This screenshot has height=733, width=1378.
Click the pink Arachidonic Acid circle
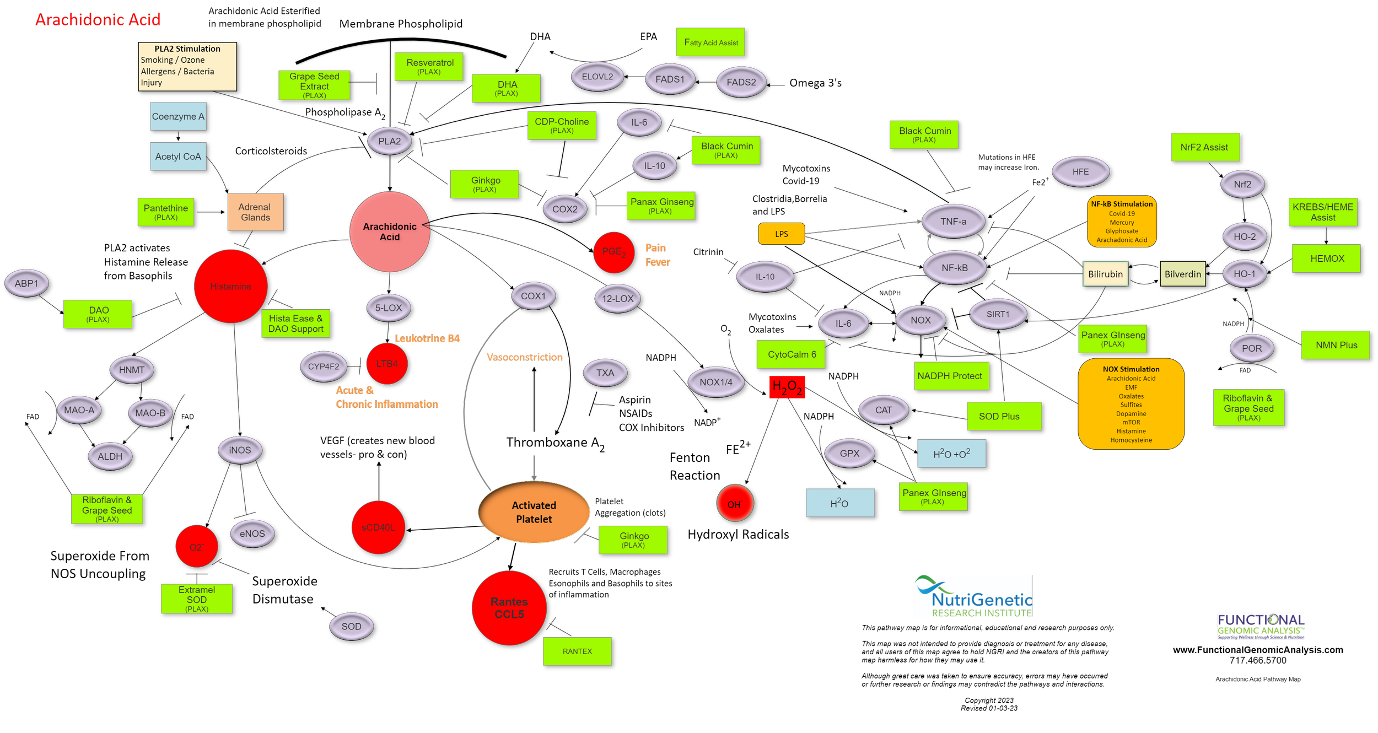(x=390, y=231)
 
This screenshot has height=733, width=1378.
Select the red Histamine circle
(x=231, y=286)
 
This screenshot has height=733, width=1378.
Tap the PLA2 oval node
(x=390, y=141)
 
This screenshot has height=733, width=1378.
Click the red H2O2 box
(x=787, y=387)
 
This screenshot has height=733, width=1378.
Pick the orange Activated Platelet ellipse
(x=534, y=512)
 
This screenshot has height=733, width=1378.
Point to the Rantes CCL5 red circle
(x=509, y=608)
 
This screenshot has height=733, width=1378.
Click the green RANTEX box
(x=577, y=651)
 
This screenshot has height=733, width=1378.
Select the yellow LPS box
(x=782, y=234)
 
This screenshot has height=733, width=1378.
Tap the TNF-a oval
(x=954, y=222)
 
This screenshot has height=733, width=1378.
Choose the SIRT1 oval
(x=998, y=314)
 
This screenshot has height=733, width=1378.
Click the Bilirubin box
(x=1106, y=274)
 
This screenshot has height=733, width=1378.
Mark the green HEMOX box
(x=1327, y=258)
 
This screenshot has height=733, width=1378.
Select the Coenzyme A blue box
(x=178, y=116)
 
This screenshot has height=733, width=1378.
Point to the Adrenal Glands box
(x=255, y=212)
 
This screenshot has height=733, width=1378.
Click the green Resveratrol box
(x=429, y=67)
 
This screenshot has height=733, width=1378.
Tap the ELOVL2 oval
(x=598, y=77)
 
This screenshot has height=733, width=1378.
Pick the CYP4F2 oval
(x=324, y=366)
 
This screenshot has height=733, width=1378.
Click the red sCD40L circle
(x=378, y=527)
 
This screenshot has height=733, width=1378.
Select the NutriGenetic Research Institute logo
(x=974, y=596)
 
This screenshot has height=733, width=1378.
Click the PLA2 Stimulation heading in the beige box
(x=187, y=48)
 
